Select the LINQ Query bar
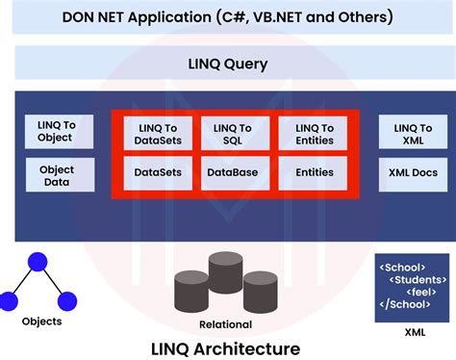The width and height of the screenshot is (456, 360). [227, 64]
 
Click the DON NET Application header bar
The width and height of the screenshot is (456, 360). [227, 17]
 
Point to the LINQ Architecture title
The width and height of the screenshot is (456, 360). [227, 347]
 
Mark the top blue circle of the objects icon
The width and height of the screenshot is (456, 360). [38, 261]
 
